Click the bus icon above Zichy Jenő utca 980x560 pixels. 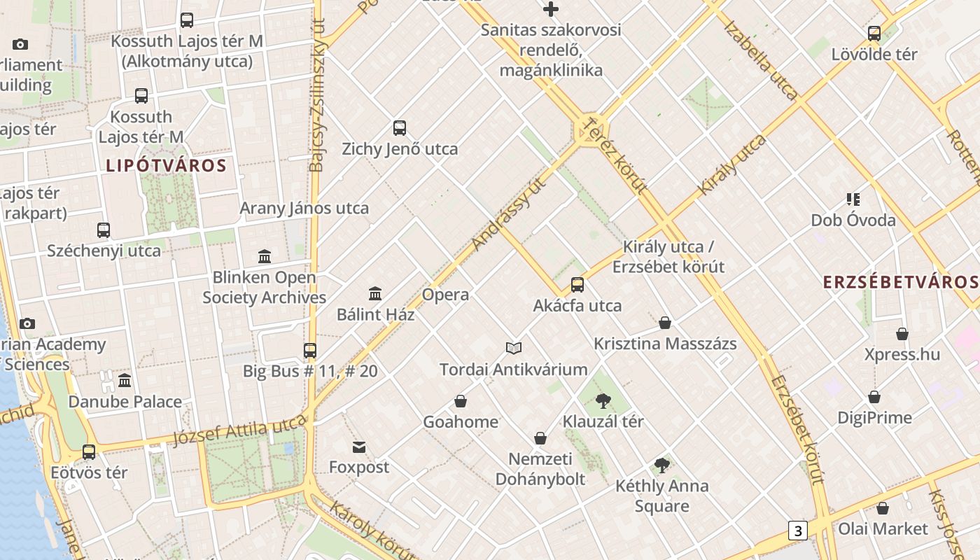[x=400, y=128]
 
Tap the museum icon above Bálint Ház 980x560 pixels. [x=375, y=293]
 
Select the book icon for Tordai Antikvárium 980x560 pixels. [x=514, y=348]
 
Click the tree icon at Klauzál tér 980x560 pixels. [x=603, y=401]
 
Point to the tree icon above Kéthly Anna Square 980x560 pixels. [x=661, y=465]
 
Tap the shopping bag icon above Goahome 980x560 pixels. [x=461, y=401]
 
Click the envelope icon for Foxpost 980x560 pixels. [x=359, y=447]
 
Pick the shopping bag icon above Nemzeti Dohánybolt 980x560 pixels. [x=540, y=438]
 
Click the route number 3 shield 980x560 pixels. [x=797, y=531]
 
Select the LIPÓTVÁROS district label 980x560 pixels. [x=167, y=166]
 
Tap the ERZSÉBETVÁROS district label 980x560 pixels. [x=900, y=282]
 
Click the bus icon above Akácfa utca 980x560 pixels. [x=577, y=285]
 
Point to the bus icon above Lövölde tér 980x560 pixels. [x=874, y=34]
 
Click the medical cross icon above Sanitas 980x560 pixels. [x=551, y=9]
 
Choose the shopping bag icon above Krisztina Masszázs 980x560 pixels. [x=665, y=323]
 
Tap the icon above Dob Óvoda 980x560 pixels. [x=853, y=199]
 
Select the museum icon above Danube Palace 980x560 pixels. [x=125, y=381]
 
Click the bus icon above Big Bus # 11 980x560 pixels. [x=310, y=350]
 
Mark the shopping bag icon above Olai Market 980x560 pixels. [x=883, y=508]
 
